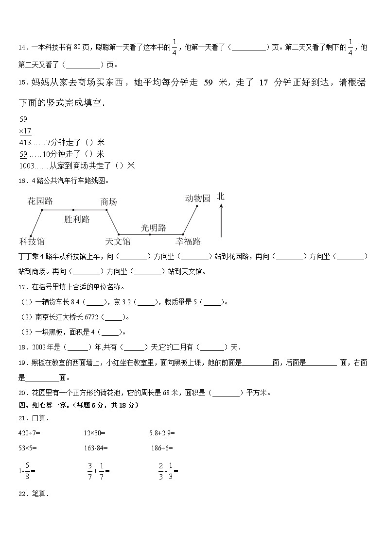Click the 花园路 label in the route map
click(40, 201)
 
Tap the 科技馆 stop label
click(32, 241)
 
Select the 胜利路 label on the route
click(77, 219)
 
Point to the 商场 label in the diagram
click(108, 202)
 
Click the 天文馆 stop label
click(118, 241)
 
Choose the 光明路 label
click(154, 228)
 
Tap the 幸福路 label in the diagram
click(188, 241)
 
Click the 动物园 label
click(198, 198)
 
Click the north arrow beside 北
click(221, 220)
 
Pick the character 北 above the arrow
click(221, 197)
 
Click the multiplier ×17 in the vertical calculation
click(25, 131)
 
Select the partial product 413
click(25, 143)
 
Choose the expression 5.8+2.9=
click(163, 432)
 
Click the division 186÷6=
click(162, 448)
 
